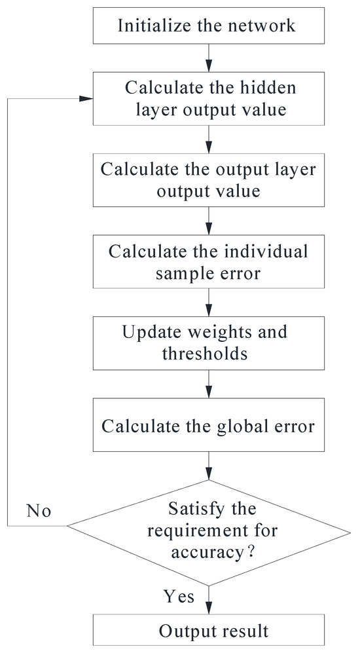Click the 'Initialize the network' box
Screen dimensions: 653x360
coord(207,26)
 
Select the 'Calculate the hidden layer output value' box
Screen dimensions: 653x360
coord(207,98)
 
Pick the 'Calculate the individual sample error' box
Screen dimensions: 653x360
coord(207,262)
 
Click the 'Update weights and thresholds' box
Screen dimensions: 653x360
coord(207,343)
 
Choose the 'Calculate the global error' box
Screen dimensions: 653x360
coord(207,426)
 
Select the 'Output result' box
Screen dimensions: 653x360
coord(207,631)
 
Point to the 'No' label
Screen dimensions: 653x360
coord(39,510)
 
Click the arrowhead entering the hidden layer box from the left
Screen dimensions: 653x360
coord(85,98)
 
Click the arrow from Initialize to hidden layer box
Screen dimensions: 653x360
coord(207,58)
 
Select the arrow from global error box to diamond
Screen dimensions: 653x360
coord(207,466)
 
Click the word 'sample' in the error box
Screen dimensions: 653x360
coord(180,272)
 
